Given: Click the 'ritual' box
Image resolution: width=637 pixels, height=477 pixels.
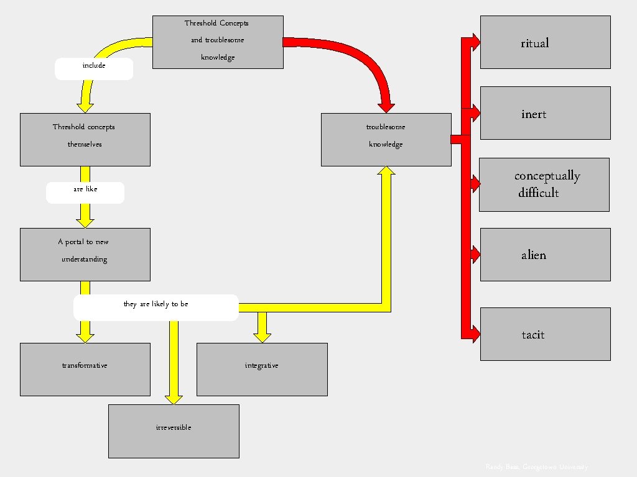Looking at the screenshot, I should pyautogui.click(x=545, y=42).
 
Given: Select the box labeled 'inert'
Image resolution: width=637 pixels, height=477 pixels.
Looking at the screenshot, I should pyautogui.click(x=545, y=113).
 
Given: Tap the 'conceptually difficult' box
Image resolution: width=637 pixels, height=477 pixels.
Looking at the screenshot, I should pyautogui.click(x=545, y=184).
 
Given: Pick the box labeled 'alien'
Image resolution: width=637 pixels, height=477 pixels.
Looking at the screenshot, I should pyautogui.click(x=545, y=255).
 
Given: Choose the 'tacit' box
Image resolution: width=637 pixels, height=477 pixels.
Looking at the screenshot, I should pyautogui.click(x=545, y=334).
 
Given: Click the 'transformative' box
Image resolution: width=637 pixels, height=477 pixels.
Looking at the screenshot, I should pyautogui.click(x=85, y=369).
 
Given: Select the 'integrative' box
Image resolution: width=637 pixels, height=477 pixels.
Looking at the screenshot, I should pyautogui.click(x=262, y=369).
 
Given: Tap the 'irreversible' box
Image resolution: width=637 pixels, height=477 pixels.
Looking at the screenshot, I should pyautogui.click(x=174, y=431).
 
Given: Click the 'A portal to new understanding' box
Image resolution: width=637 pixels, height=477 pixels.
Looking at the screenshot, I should pyautogui.click(x=85, y=255).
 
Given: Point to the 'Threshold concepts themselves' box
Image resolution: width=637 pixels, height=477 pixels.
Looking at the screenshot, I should pyautogui.click(x=85, y=140).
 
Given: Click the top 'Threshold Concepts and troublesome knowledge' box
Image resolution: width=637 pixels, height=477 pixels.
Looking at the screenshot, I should pyautogui.click(x=218, y=42).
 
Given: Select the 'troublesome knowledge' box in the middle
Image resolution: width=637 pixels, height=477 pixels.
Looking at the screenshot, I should pyautogui.click(x=386, y=140).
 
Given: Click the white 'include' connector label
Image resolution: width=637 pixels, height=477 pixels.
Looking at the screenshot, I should pyautogui.click(x=94, y=68).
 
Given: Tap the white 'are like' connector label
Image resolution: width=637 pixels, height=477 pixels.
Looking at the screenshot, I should pyautogui.click(x=85, y=193).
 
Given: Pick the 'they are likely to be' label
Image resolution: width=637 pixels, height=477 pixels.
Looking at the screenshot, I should pyautogui.click(x=156, y=307).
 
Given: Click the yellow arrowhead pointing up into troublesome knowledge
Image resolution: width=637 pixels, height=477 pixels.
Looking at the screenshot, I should pyautogui.click(x=386, y=173).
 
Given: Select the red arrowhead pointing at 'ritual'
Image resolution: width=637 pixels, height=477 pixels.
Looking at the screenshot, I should pyautogui.click(x=475, y=42).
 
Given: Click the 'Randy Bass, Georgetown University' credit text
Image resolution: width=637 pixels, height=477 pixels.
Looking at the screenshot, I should pyautogui.click(x=536, y=467).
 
